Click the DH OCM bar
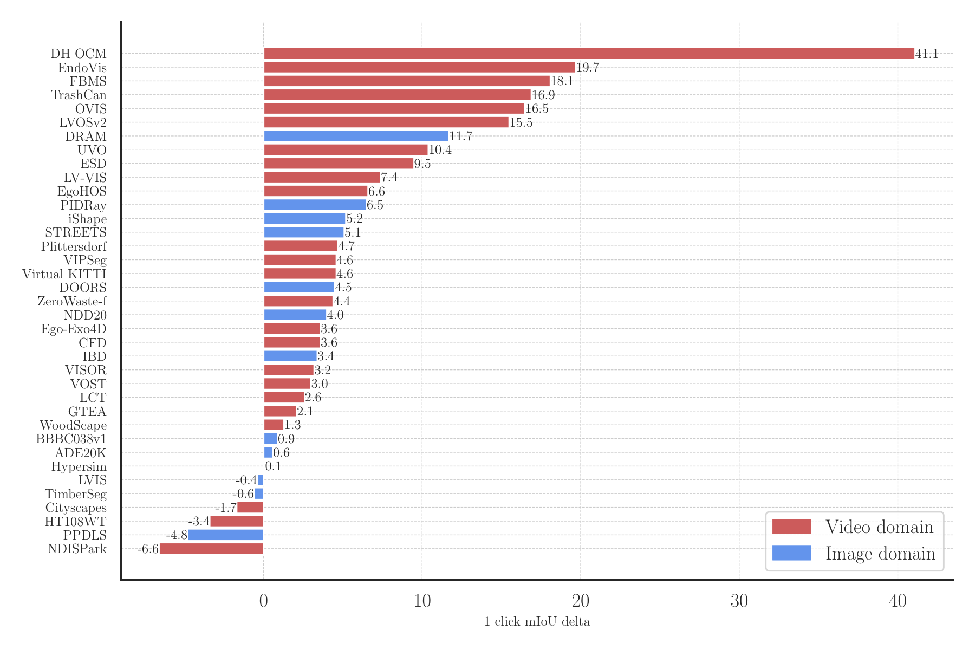click(589, 54)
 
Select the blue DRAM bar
click(356, 136)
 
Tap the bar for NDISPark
click(211, 549)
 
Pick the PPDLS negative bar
click(225, 535)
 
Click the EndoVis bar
click(419, 67)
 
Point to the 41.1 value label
click(926, 54)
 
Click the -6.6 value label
click(148, 549)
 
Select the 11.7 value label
click(460, 136)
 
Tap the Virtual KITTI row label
click(64, 274)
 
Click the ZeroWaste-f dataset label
click(72, 301)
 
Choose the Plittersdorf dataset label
click(74, 246)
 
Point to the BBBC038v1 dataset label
click(71, 439)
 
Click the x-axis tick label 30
click(739, 601)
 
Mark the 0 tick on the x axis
click(264, 601)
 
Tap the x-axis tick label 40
click(898, 601)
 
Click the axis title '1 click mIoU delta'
click(537, 621)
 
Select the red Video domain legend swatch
click(791, 526)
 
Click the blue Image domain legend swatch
click(791, 553)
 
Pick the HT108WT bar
click(236, 521)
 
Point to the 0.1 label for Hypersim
click(273, 466)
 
